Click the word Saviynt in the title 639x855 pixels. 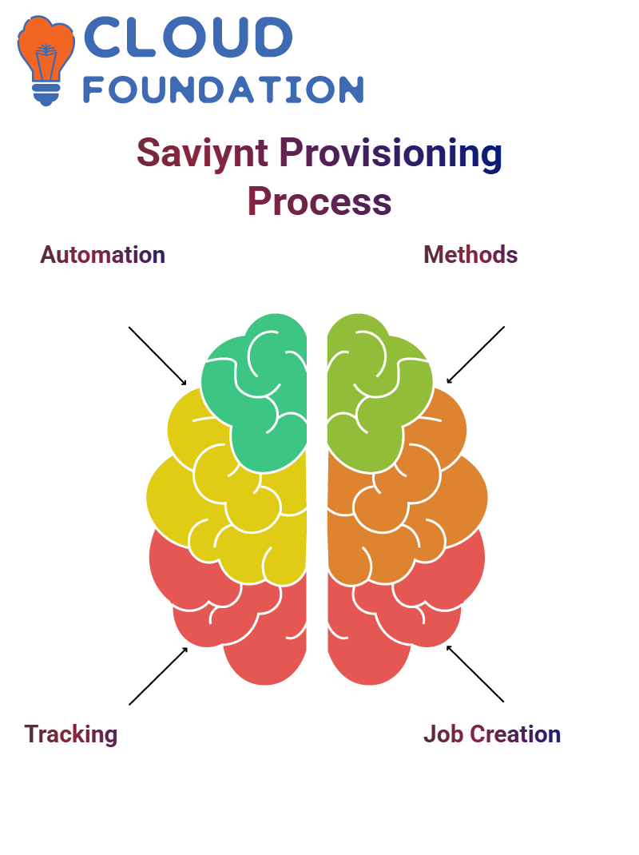click(x=202, y=153)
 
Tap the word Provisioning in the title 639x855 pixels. click(x=391, y=153)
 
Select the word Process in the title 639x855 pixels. click(x=319, y=201)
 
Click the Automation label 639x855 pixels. click(x=102, y=255)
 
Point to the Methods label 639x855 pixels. click(x=470, y=255)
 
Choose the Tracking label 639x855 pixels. click(x=71, y=735)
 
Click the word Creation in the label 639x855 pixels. click(x=515, y=734)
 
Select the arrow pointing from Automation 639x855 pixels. click(x=157, y=356)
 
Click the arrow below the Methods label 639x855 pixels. click(x=475, y=355)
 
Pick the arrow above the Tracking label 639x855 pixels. click(x=158, y=676)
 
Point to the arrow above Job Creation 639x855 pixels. click(x=475, y=674)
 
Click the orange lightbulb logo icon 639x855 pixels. click(x=46, y=60)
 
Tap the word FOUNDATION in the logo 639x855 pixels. click(x=223, y=89)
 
